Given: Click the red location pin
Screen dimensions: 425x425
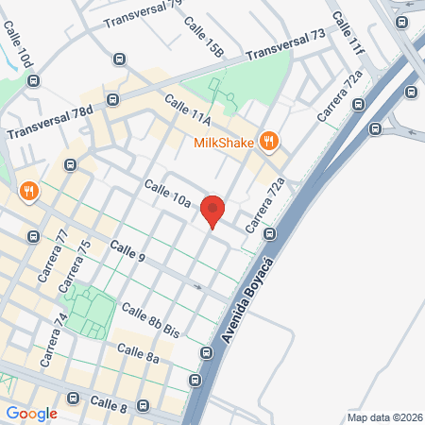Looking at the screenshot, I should coord(212,211).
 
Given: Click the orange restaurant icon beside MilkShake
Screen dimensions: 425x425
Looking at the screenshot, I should coord(269,142).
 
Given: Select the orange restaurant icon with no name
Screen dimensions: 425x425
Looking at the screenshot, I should coord(29,192).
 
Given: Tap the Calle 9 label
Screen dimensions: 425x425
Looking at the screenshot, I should coord(127,251).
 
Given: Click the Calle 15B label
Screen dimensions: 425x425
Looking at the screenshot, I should coord(203,35).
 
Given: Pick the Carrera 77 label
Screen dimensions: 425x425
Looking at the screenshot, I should coord(54,259).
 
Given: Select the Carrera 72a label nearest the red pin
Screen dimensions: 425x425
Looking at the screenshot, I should coord(263,207).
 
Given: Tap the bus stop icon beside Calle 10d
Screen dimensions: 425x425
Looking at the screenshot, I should coord(33,80).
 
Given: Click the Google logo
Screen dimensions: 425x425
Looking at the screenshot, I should coord(31,413).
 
